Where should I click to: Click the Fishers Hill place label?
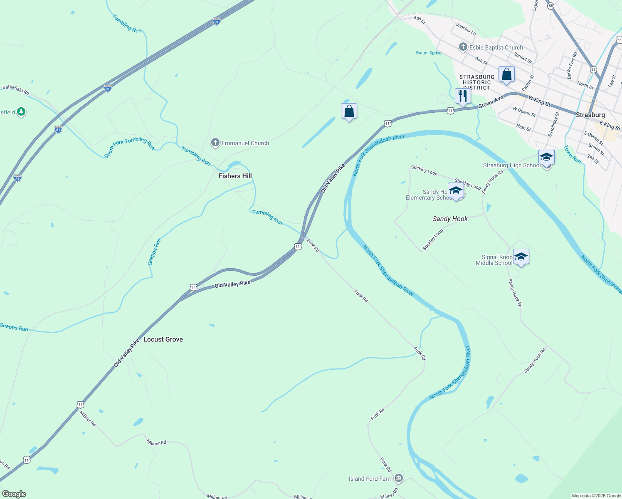pyautogui.click(x=235, y=176)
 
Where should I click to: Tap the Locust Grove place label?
pyautogui.click(x=163, y=339)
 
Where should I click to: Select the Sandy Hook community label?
pyautogui.click(x=450, y=219)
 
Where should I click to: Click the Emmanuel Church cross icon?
pyautogui.click(x=215, y=143)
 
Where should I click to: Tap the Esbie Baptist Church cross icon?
pyautogui.click(x=463, y=47)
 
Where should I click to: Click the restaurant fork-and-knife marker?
pyautogui.click(x=463, y=96)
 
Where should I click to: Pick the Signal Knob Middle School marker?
pyautogui.click(x=521, y=257)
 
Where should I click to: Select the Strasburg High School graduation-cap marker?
pyautogui.click(x=546, y=157)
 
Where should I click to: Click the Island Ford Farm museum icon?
pyautogui.click(x=399, y=478)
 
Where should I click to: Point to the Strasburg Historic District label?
pyautogui.click(x=477, y=82)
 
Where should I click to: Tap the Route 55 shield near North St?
pyautogui.click(x=593, y=69)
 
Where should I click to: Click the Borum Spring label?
pyautogui.click(x=429, y=53)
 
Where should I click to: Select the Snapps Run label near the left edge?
pyautogui.click(x=14, y=327)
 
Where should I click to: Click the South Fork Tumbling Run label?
pyautogui.click(x=129, y=148)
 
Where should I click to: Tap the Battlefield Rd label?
pyautogui.click(x=16, y=89)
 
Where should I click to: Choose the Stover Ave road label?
pyautogui.click(x=491, y=102)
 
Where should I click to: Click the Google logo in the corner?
pyautogui.click(x=14, y=494)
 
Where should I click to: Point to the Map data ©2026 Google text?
pyautogui.click(x=596, y=496)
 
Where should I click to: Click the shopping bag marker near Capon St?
pyautogui.click(x=506, y=74)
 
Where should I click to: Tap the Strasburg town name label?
pyautogui.click(x=590, y=115)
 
